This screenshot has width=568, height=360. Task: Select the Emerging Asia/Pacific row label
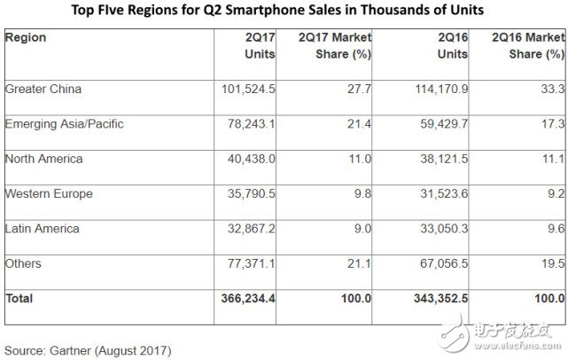(x=64, y=123)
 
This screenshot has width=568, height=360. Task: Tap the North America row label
(x=43, y=159)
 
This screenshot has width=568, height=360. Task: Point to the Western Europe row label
(x=49, y=193)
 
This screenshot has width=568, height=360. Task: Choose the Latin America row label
(x=42, y=229)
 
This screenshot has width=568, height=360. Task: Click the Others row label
(x=22, y=263)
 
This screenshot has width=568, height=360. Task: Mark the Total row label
(x=19, y=299)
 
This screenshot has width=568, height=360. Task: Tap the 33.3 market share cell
(x=555, y=89)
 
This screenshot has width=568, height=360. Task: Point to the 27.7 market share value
(x=360, y=89)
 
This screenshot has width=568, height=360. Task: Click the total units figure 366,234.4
(x=245, y=299)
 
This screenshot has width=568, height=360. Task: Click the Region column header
(x=26, y=39)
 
